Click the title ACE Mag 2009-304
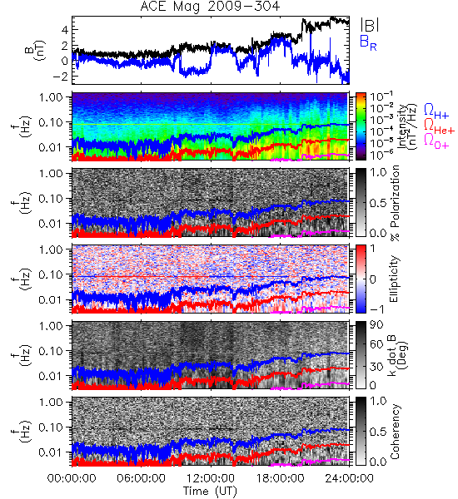pyautogui.click(x=210, y=7)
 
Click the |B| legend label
pyautogui.click(x=370, y=25)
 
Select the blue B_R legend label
pyautogui.click(x=368, y=42)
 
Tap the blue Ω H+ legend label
pyautogui.click(x=436, y=111)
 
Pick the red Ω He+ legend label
pyautogui.click(x=439, y=126)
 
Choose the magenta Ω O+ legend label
pyautogui.click(x=436, y=141)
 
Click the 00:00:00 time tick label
pyautogui.click(x=72, y=478)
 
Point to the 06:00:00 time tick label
pyautogui.click(x=142, y=478)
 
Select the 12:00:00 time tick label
pyautogui.click(x=211, y=478)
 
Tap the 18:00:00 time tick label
pyautogui.click(x=280, y=478)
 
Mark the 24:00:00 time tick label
pyautogui.click(x=349, y=478)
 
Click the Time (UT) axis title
pyautogui.click(x=211, y=491)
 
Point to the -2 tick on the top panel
pyautogui.click(x=61, y=77)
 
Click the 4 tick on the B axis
pyautogui.click(x=65, y=30)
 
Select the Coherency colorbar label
pyautogui.click(x=395, y=432)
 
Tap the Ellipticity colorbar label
pyautogui.click(x=394, y=279)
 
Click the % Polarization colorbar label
pyautogui.click(x=395, y=202)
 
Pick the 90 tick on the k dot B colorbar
pyautogui.click(x=376, y=325)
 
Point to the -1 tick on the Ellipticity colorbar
pyautogui.click(x=376, y=309)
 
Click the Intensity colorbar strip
pyautogui.click(x=361, y=126)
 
